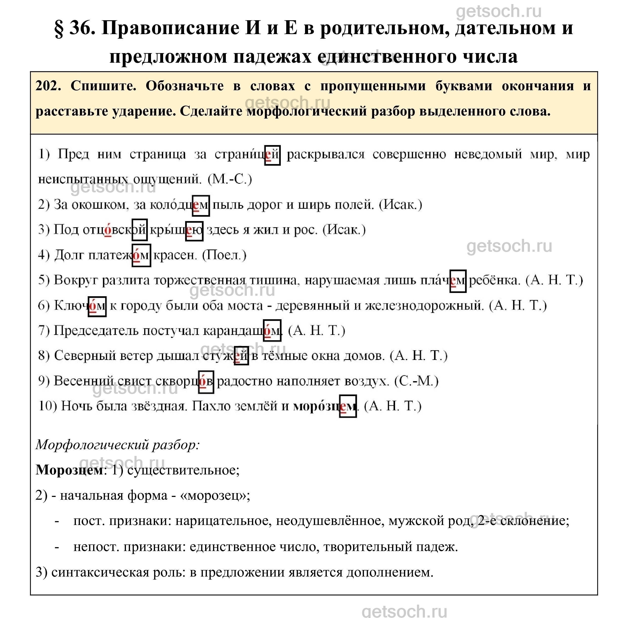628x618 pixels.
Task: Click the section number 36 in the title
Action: [x=82, y=28]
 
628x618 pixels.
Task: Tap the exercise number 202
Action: [x=48, y=86]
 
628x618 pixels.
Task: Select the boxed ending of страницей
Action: [x=272, y=155]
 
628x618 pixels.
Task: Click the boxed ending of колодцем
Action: [x=201, y=205]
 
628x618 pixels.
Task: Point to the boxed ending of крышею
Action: [x=194, y=231]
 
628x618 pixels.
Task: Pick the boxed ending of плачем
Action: [x=458, y=281]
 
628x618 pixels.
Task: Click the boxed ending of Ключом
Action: [x=97, y=306]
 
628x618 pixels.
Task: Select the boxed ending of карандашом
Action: [x=272, y=331]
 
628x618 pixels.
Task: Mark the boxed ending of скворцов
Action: [x=206, y=382]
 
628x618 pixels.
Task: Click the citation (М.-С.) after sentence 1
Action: [x=230, y=179]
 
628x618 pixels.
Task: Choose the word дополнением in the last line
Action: [x=390, y=572]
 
